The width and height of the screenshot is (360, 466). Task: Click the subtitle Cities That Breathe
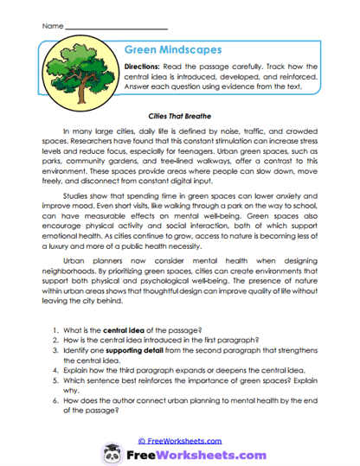click(x=180, y=114)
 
